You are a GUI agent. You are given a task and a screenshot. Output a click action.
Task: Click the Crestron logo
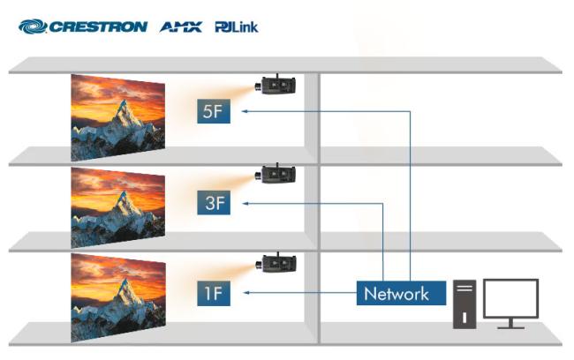click(x=83, y=26)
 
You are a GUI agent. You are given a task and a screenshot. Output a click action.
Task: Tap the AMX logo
click(x=181, y=26)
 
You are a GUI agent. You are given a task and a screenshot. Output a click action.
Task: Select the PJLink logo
click(x=237, y=26)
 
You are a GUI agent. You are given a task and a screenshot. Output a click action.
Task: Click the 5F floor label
click(x=214, y=112)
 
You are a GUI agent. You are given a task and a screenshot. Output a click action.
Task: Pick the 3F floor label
click(x=214, y=203)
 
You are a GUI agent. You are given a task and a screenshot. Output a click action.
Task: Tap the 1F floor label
click(x=214, y=293)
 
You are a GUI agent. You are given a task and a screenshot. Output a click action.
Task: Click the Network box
click(x=397, y=293)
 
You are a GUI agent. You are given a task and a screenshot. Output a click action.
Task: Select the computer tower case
click(x=464, y=304)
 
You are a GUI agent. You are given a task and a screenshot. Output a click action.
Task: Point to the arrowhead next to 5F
click(x=244, y=112)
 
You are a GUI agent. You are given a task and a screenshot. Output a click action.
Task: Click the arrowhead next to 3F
click(x=244, y=203)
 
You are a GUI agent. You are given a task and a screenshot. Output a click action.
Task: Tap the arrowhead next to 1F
click(x=244, y=293)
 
